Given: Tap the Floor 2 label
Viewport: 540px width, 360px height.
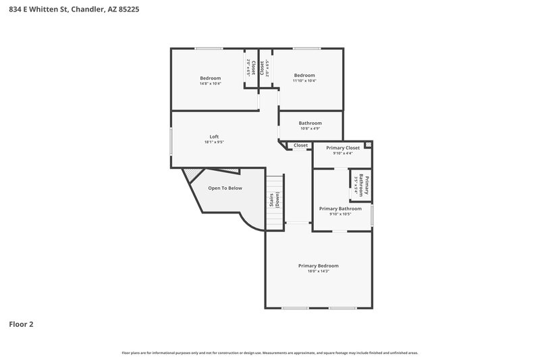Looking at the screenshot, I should (x=21, y=324).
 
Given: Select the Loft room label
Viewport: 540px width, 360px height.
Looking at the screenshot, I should (x=214, y=136).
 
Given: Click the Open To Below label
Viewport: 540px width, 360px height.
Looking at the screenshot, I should (x=225, y=188).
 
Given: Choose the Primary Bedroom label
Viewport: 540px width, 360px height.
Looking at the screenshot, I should (x=318, y=265).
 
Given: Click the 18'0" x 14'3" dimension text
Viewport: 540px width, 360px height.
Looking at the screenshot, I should (x=318, y=272).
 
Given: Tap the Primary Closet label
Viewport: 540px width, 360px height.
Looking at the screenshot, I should (x=343, y=147).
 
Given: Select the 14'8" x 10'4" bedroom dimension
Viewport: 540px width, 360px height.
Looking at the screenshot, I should (x=210, y=84).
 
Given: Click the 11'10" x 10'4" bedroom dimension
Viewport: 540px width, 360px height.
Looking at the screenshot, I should (x=304, y=80).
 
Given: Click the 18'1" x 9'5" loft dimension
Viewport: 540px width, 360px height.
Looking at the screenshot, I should (x=214, y=143).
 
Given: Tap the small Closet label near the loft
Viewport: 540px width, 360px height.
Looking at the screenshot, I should (x=301, y=145).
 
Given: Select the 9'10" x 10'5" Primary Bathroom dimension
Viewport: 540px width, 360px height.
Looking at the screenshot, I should (x=340, y=215).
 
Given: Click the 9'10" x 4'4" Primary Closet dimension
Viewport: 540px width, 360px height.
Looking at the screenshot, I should (x=343, y=153).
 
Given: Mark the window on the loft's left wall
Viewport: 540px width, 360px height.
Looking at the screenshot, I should (x=171, y=143).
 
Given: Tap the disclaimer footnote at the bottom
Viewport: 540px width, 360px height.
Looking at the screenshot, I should (x=270, y=353).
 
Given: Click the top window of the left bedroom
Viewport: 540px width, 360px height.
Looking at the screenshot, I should (x=209, y=48).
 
